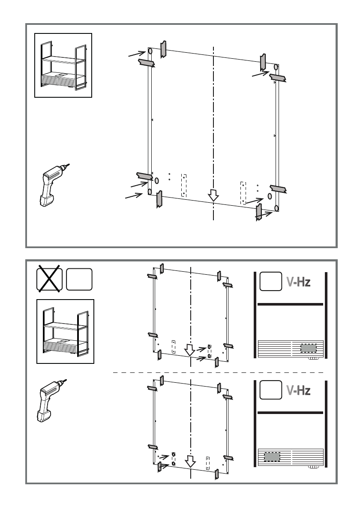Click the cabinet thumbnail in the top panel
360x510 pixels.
pyautogui.click(x=63, y=65)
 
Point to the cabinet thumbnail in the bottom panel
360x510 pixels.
pyautogui.click(x=65, y=331)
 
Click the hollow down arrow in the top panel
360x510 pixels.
pyautogui.click(x=213, y=196)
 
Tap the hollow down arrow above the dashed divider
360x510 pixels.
pyautogui.click(x=189, y=351)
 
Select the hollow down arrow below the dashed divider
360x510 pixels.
pyautogui.click(x=189, y=461)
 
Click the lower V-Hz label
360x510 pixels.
pyautogui.click(x=298, y=390)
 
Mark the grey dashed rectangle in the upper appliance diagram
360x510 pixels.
pyautogui.click(x=308, y=348)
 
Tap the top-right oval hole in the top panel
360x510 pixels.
pyautogui.click(x=276, y=68)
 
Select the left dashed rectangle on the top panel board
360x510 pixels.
pyautogui.click(x=184, y=185)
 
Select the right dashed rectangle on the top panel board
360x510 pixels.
pyautogui.click(x=243, y=192)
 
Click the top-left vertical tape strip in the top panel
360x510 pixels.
pyautogui.click(x=163, y=49)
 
